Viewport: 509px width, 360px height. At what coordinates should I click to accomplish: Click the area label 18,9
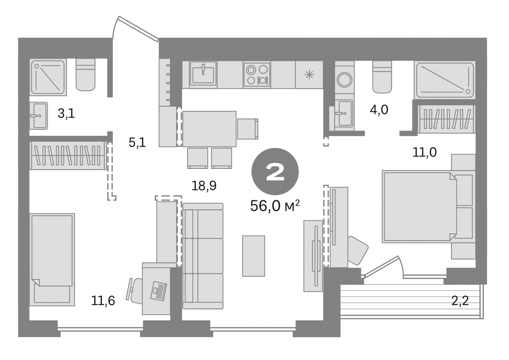(204, 186)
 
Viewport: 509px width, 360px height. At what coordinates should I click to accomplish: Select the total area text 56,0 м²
(275, 206)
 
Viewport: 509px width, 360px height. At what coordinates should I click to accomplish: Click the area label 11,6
(103, 301)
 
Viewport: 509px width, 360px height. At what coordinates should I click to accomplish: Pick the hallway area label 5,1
(137, 143)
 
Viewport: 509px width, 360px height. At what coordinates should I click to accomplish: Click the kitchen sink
(203, 74)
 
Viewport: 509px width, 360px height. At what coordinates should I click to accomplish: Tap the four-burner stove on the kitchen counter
(257, 74)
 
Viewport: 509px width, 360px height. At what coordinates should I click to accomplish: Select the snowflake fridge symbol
(309, 74)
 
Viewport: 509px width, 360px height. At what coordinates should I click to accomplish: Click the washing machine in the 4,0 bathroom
(345, 79)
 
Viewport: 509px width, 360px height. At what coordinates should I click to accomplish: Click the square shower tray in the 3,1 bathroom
(48, 77)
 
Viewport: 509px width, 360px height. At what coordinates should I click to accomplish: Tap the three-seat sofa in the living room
(203, 256)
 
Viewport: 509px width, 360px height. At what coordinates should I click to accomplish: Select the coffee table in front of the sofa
(253, 256)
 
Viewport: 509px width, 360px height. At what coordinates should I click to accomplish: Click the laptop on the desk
(158, 290)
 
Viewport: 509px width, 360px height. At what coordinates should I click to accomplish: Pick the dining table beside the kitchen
(209, 129)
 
